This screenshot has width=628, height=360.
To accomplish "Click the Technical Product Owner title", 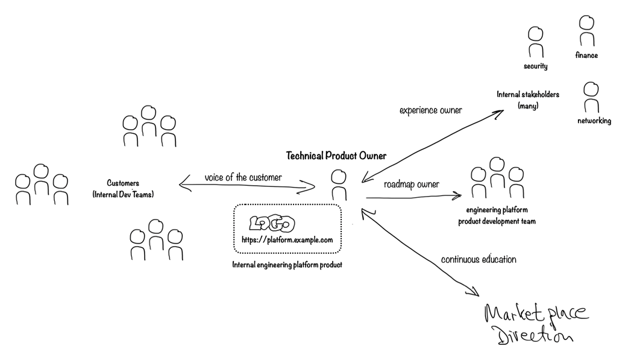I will [x=336, y=156].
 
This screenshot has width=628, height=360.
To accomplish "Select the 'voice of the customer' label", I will [x=243, y=177].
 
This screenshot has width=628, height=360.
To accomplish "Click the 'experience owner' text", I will [x=430, y=110].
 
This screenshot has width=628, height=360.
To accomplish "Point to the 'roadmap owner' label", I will [x=411, y=185].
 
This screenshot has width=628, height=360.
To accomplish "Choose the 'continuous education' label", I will [x=479, y=260].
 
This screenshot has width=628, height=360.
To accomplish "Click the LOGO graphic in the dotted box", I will [x=272, y=223].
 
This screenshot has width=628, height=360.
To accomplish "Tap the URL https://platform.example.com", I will [x=287, y=240].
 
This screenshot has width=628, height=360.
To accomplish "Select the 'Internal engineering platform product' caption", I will [x=287, y=265].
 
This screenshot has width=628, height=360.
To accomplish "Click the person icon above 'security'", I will [x=535, y=42].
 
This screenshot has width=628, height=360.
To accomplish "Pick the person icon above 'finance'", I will [x=586, y=31].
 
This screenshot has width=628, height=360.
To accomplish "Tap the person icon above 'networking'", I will [x=591, y=96].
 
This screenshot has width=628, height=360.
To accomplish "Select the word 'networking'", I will [x=594, y=121].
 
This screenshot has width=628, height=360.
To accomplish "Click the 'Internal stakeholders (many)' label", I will [x=528, y=100].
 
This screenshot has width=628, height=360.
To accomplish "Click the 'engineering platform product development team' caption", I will [x=497, y=216].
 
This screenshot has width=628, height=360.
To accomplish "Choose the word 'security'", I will [x=535, y=66].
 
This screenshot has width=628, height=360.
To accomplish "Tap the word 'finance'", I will [x=586, y=55].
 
